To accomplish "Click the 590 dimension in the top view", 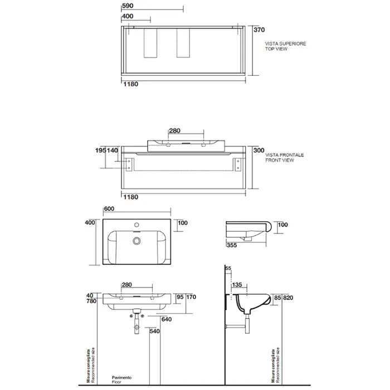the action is click(x=128, y=6).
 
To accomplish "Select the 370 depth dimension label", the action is click(x=259, y=30).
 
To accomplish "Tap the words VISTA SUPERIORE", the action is click(x=285, y=43).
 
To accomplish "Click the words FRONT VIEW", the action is click(x=280, y=160).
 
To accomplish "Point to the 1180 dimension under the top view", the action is click(x=131, y=84).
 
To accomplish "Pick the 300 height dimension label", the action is click(x=259, y=150).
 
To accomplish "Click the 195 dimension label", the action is click(x=101, y=150).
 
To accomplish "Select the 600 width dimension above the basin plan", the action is click(x=109, y=209).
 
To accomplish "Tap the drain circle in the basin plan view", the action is click(x=136, y=241).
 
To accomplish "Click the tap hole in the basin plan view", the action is click(x=136, y=225).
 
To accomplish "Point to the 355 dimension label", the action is click(x=232, y=245).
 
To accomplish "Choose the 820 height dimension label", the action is click(x=288, y=298).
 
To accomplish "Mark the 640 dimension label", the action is click(x=167, y=319).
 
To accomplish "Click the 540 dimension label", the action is click(x=154, y=331).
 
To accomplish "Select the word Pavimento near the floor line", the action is click(x=121, y=378).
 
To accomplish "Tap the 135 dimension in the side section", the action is click(x=237, y=285).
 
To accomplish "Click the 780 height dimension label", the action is click(x=91, y=301).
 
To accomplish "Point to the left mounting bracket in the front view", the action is click(x=129, y=165).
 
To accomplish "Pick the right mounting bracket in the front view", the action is click(x=238, y=165).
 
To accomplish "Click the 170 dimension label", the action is click(x=191, y=297).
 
